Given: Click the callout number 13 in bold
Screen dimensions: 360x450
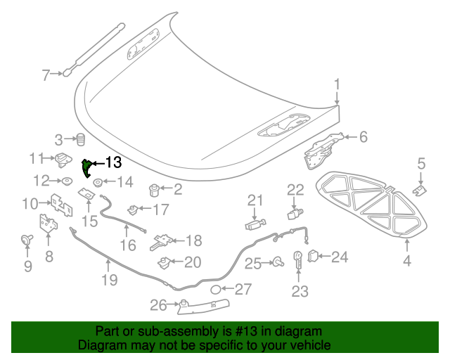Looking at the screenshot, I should [113, 163].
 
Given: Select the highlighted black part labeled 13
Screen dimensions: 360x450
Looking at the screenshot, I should [87, 169].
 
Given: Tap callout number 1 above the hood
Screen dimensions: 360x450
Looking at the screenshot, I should [337, 85].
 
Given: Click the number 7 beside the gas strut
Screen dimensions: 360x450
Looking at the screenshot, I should [46, 75].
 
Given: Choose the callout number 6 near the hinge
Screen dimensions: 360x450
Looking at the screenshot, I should [363, 137].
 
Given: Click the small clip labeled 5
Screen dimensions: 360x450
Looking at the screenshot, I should [419, 190].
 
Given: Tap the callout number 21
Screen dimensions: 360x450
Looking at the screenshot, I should [254, 200].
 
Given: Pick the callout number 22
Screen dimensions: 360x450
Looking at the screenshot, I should [295, 188].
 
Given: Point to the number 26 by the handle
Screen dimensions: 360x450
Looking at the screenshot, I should [159, 305].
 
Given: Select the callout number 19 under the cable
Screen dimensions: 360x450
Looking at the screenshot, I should [108, 281].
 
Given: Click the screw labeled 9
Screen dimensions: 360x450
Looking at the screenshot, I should [27, 241].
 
